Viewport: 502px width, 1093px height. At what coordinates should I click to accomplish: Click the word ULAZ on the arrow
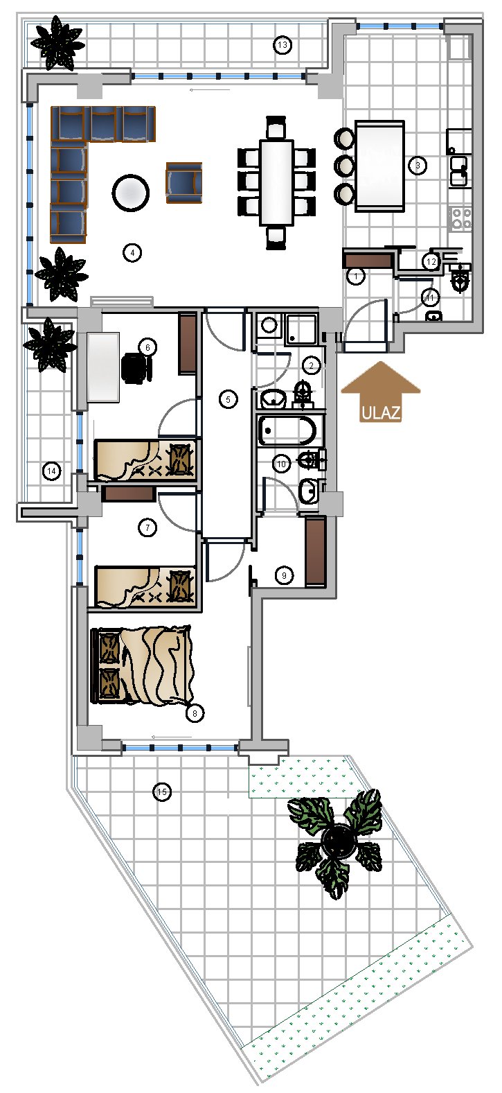pyautogui.click(x=381, y=413)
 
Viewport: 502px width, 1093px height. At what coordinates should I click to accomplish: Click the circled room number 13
pyautogui.click(x=283, y=45)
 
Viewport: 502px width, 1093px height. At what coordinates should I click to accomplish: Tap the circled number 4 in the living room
pyautogui.click(x=132, y=253)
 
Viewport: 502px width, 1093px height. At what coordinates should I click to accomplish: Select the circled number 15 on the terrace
pyautogui.click(x=162, y=792)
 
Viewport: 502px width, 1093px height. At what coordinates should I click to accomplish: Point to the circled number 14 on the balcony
pyautogui.click(x=52, y=471)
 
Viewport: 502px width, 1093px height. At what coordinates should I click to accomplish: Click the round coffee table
pyautogui.click(x=130, y=193)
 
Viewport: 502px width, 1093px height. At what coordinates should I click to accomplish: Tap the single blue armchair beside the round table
pyautogui.click(x=183, y=182)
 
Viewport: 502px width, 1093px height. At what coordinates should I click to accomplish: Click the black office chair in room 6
pyautogui.click(x=136, y=368)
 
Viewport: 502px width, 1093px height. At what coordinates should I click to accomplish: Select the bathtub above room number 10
pyautogui.click(x=287, y=430)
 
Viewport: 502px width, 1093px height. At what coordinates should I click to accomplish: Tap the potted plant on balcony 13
pyautogui.click(x=57, y=42)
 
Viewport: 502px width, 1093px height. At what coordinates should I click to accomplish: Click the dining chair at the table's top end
pyautogui.click(x=276, y=128)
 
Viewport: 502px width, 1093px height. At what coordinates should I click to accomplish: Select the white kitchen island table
pyautogui.click(x=380, y=166)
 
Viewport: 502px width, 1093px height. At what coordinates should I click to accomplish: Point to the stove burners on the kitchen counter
pyautogui.click(x=460, y=218)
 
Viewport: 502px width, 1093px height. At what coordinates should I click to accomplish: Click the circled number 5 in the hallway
pyautogui.click(x=228, y=400)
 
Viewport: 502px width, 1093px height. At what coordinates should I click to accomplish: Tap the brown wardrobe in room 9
pyautogui.click(x=315, y=552)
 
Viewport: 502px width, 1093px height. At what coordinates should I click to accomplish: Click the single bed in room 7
pyautogui.click(x=146, y=586)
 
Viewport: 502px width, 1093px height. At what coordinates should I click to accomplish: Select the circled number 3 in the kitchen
pyautogui.click(x=418, y=166)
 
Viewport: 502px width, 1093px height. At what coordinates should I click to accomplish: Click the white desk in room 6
pyautogui.click(x=103, y=367)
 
